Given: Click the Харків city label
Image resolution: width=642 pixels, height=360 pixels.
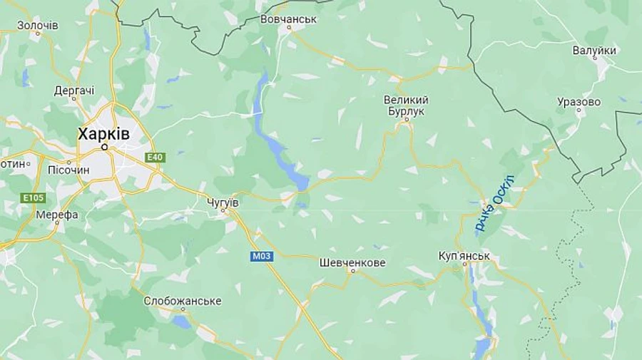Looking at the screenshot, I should coord(104,133).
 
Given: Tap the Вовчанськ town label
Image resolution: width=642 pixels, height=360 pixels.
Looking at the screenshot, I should coord(289,19).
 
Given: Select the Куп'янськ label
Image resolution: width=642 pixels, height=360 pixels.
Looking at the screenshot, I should coord(464,255).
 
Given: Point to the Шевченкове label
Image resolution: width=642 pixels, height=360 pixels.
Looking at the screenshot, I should coord(352,262).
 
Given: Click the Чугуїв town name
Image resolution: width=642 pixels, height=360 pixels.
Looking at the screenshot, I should coord(222,202).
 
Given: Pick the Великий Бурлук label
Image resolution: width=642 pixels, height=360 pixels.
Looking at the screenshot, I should coord(406,106).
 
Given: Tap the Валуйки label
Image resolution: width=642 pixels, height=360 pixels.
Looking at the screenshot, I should coord(594,51).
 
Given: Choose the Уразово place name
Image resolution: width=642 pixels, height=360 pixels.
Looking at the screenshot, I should coord(579,102).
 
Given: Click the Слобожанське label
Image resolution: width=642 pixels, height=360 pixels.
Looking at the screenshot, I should coord(183,301).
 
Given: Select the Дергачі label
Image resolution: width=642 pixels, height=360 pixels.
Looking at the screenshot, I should coord(74,91).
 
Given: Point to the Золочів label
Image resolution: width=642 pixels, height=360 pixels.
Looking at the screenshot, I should coord(38,25).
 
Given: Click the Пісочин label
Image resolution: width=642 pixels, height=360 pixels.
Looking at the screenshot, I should coord(68,170).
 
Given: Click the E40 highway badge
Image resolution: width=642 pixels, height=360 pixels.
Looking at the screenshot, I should coord(154,158).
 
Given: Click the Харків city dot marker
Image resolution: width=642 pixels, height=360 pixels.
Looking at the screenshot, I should coord(104,147).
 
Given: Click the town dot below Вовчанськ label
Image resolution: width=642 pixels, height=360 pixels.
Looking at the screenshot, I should coord(289,28).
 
